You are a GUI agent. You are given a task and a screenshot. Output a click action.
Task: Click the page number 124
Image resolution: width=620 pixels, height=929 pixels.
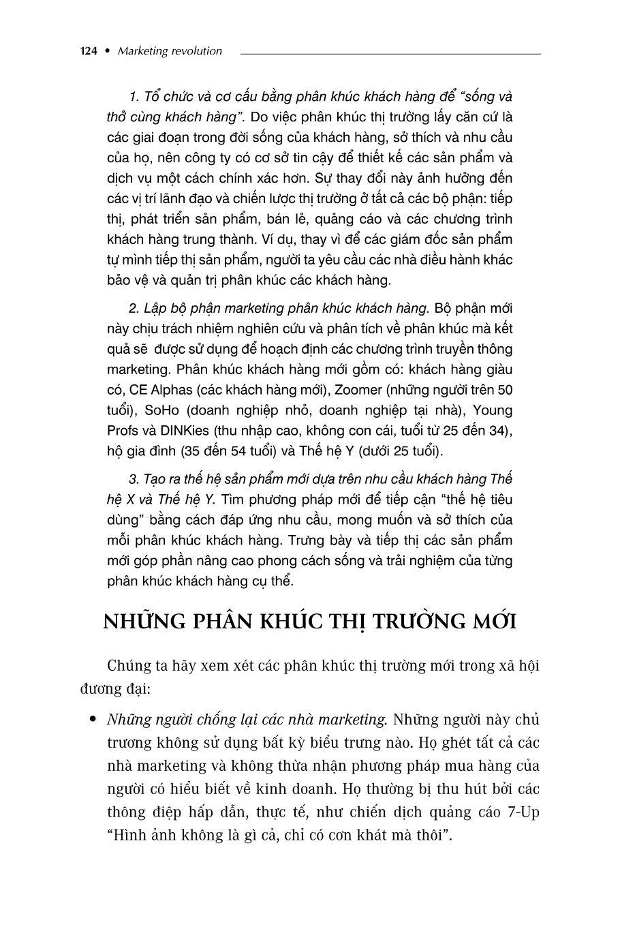(x=89, y=51)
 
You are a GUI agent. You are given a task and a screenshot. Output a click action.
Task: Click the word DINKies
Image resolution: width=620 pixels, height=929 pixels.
(x=185, y=431)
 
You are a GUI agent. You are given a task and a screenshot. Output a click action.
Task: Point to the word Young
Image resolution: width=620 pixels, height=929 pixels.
(x=493, y=410)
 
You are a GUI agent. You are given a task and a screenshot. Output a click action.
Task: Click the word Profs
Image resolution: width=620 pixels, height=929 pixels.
(x=123, y=431)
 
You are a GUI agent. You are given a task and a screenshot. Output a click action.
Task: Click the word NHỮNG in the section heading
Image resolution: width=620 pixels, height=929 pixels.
(x=144, y=622)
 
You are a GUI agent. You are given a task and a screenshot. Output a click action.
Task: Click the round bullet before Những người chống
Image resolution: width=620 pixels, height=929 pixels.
(x=93, y=719)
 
